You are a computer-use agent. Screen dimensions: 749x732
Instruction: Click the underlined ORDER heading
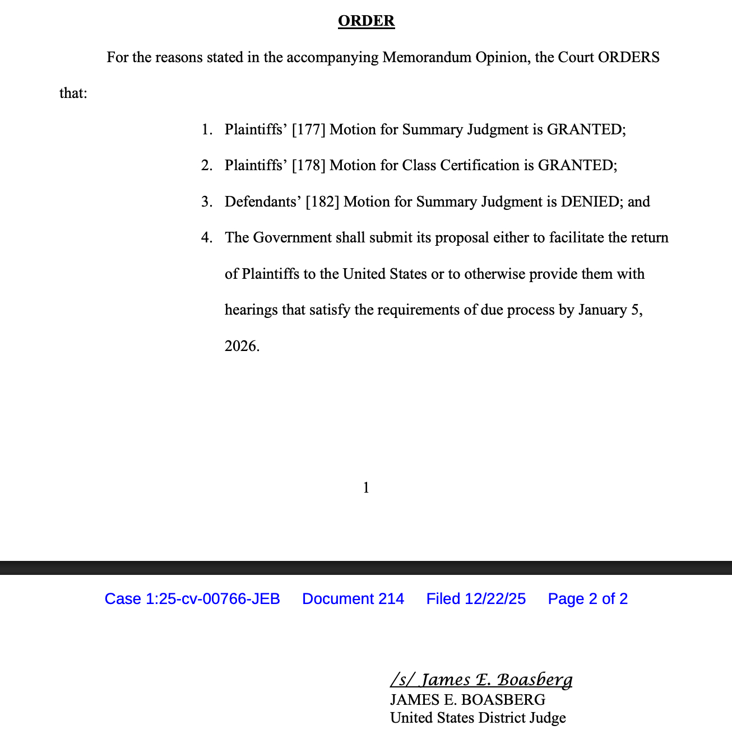click(x=366, y=21)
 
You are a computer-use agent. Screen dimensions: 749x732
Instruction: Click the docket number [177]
click(x=308, y=130)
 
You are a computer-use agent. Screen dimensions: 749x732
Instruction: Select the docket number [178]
click(x=308, y=166)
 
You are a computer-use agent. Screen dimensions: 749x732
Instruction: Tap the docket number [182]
click(x=322, y=202)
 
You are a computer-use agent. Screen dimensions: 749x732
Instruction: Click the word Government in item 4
click(x=292, y=238)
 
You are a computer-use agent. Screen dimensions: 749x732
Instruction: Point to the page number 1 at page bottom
click(x=366, y=488)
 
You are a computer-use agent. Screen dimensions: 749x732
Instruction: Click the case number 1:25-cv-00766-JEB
click(x=212, y=599)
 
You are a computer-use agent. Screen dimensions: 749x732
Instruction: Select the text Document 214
click(x=353, y=599)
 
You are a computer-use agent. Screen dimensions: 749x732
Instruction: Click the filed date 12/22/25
click(x=495, y=599)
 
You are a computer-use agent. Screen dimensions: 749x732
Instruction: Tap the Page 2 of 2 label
click(x=587, y=599)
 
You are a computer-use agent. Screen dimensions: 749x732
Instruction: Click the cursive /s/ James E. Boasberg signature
click(x=481, y=680)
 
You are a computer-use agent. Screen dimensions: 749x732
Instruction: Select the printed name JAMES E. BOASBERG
click(x=467, y=700)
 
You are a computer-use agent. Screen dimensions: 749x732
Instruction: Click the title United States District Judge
click(x=478, y=718)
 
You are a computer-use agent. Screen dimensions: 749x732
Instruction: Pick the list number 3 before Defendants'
click(x=206, y=202)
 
